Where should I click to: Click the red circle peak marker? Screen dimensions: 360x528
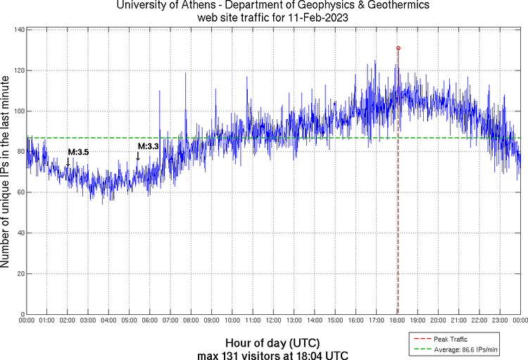pos(398,48)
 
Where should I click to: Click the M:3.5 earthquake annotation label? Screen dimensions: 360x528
pos(77,151)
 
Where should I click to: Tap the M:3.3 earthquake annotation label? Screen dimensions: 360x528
pos(148,146)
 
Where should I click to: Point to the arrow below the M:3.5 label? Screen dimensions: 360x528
pos(68,162)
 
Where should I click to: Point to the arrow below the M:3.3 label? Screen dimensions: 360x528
pos(138,156)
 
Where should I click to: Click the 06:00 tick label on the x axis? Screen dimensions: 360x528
pos(150,321)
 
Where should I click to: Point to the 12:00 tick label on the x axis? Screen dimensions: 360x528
pos(273,321)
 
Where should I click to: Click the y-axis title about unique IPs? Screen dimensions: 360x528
pos(6,172)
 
